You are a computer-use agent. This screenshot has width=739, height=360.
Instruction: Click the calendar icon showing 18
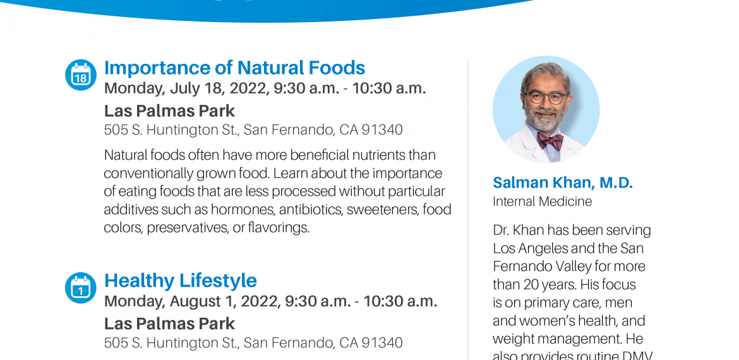pos(81,75)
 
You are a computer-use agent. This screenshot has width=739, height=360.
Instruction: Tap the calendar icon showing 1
pos(81,288)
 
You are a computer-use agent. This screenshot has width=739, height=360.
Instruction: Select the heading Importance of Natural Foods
pos(235,68)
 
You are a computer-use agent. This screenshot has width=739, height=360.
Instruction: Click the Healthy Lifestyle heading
pos(181,281)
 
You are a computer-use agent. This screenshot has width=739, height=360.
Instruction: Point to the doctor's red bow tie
pos(550,140)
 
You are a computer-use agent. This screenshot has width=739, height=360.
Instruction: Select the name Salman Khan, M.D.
pos(563,183)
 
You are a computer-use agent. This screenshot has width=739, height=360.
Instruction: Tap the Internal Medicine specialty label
pos(543,201)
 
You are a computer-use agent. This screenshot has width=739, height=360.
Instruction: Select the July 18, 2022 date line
pos(265,88)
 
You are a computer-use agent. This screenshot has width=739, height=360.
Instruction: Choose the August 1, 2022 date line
pos(270,301)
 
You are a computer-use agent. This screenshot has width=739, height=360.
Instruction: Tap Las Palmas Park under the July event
pos(169,111)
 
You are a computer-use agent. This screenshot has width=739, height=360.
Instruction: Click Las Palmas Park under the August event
pos(169,324)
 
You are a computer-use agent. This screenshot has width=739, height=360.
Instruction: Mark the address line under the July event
pos(253,130)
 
